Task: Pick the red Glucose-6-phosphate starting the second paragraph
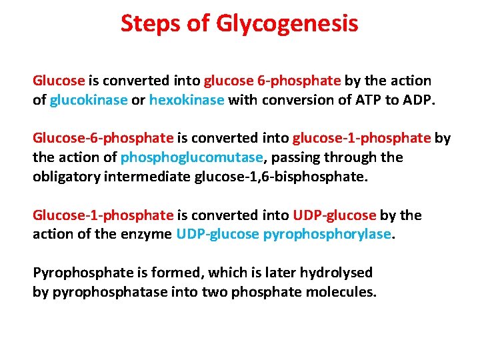click(x=103, y=138)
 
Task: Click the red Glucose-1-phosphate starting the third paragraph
click(x=103, y=215)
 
